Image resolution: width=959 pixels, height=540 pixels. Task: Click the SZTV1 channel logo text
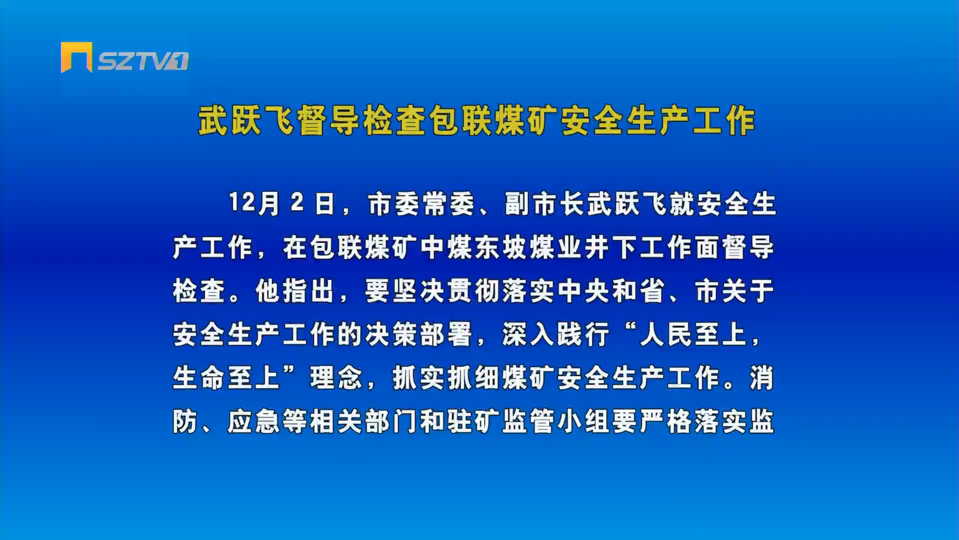(143, 61)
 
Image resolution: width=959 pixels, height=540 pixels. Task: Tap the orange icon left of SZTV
(76, 57)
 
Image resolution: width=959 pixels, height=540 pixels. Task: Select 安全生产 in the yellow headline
(625, 120)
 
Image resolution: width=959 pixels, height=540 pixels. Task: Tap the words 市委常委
(421, 204)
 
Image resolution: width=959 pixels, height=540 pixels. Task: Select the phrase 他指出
(295, 291)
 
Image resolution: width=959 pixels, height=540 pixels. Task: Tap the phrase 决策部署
(419, 334)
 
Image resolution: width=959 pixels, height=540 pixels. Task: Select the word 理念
(336, 378)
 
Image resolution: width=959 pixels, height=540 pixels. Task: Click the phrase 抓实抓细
(446, 378)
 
